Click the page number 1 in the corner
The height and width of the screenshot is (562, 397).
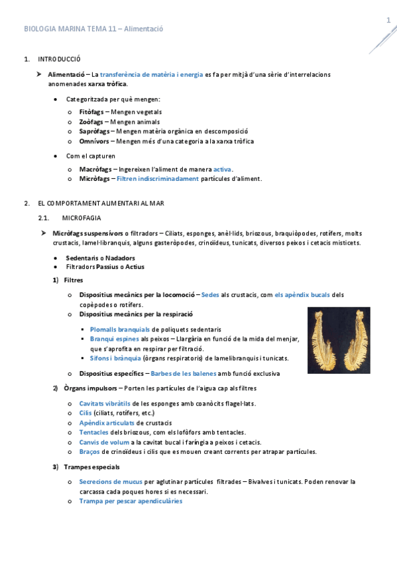(388, 21)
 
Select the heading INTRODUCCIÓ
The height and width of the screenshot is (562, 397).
(59, 60)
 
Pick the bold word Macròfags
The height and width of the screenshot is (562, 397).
(95, 169)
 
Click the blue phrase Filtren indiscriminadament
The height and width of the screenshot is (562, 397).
(158, 179)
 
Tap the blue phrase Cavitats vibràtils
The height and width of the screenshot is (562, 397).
(105, 404)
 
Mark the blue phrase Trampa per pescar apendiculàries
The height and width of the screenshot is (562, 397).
(131, 501)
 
